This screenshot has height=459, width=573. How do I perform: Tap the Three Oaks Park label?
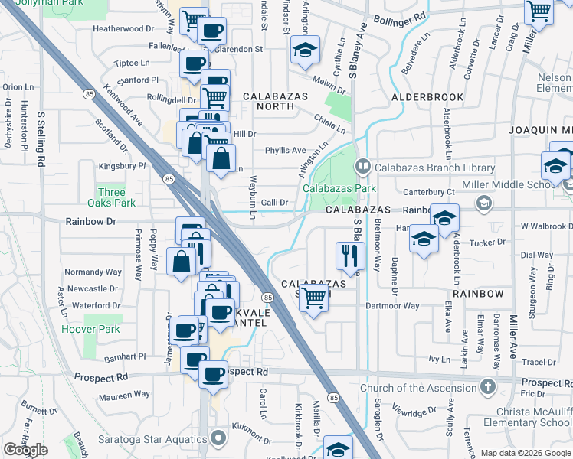coord(112,197)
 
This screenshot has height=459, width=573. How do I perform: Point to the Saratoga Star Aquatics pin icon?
coord(218,440)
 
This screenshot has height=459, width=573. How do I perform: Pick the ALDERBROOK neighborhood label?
coord(427,98)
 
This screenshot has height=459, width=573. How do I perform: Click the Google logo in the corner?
coord(26,450)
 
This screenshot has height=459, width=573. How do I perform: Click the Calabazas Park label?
coord(339,188)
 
